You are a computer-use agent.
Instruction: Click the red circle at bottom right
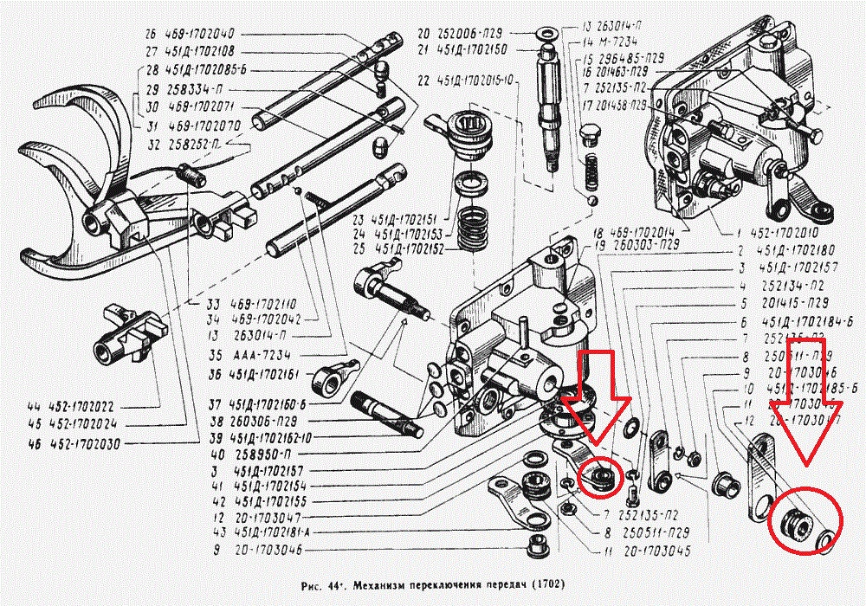pyautogui.click(x=805, y=521)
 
